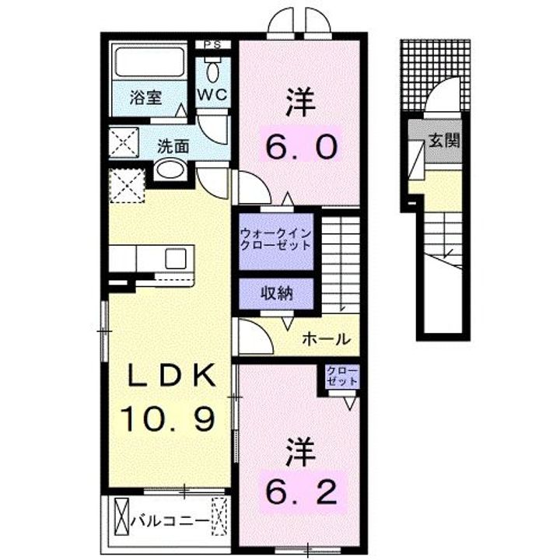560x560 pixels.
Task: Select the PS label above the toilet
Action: (212, 44)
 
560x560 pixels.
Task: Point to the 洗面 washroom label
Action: (173, 145)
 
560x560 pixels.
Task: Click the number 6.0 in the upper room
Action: (303, 144)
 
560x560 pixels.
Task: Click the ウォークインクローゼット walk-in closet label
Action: (275, 240)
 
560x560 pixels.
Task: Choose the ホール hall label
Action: (325, 340)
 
